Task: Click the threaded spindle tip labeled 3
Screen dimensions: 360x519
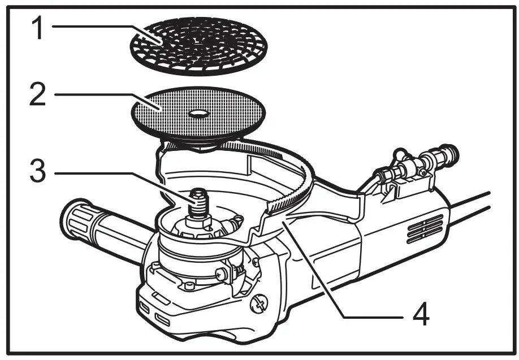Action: coord(200,199)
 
